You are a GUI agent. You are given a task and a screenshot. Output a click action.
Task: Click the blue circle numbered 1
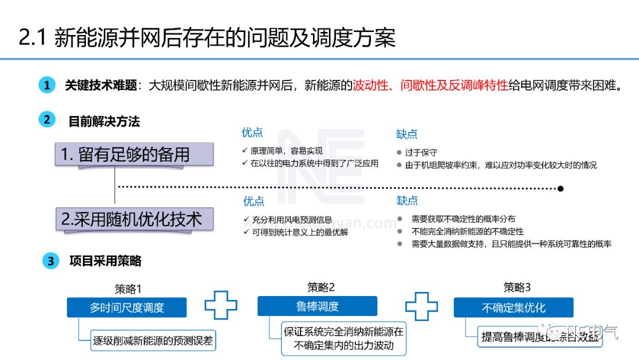(47, 85)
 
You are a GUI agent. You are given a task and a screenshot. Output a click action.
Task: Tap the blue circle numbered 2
(47, 120)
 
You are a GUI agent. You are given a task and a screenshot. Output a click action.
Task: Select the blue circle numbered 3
(51, 261)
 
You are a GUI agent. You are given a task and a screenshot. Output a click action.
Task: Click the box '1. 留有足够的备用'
(134, 155)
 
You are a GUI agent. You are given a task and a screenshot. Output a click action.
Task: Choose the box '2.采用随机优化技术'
(134, 220)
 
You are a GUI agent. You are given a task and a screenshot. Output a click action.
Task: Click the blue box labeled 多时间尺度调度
(127, 308)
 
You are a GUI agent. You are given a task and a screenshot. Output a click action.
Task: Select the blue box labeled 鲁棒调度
(317, 306)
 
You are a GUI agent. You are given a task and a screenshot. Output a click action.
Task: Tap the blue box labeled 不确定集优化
(513, 308)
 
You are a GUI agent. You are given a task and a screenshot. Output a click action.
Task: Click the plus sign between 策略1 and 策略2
(221, 306)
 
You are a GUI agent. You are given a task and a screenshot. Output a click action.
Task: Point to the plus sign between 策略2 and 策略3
(422, 306)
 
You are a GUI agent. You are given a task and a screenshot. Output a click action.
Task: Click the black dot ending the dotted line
(560, 188)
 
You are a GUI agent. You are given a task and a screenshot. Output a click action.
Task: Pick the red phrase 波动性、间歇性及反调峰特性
(430, 85)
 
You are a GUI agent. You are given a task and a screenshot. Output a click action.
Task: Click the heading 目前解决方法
(104, 121)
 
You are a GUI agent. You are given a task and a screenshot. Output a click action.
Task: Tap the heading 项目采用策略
(105, 261)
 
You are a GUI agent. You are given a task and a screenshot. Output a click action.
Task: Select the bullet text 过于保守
(421, 153)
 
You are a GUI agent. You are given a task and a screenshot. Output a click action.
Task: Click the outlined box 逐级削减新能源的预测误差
(153, 340)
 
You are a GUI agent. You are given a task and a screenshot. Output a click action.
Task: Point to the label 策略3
(517, 288)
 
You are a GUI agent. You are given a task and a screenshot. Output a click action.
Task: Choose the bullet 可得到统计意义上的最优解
(300, 232)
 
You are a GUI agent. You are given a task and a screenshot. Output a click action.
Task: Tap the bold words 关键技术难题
(101, 85)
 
